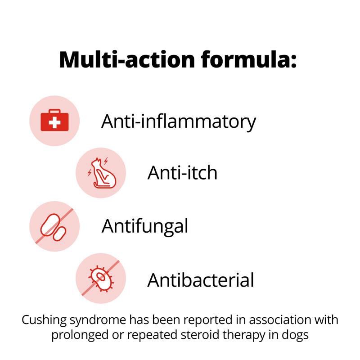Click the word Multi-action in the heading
[x=127, y=59]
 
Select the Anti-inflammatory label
[x=178, y=121]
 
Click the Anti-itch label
[x=182, y=173]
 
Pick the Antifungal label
[x=144, y=227]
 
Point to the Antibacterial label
[x=201, y=280]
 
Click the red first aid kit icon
[x=54, y=120]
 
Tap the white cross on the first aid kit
[x=54, y=122]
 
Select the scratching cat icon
[x=103, y=173]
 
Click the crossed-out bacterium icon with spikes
[x=101, y=279]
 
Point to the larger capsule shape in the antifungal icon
[x=49, y=225]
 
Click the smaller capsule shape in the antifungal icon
[x=59, y=234]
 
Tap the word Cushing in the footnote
[x=44, y=320]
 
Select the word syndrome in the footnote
[x=98, y=320]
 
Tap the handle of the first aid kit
[x=54, y=111]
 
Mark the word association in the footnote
[x=280, y=320]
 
